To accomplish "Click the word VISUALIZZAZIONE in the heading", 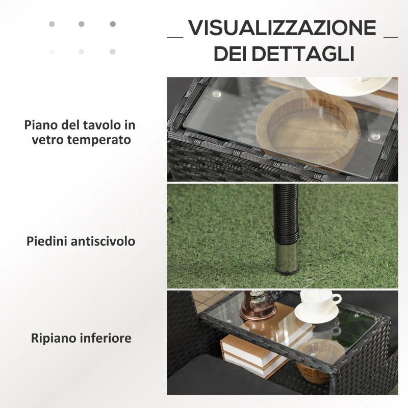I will (x=282, y=29).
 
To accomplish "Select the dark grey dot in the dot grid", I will (x=112, y=24).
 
